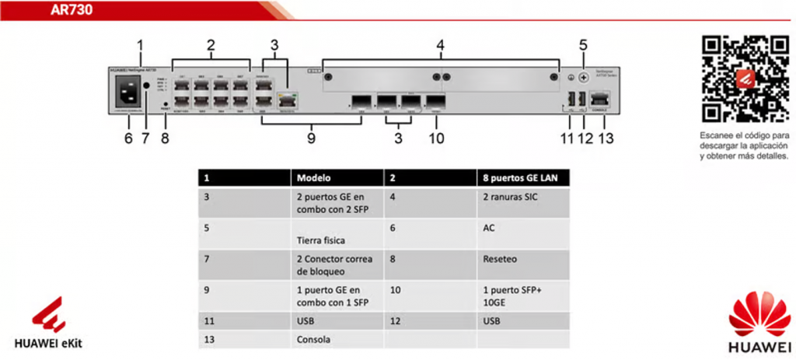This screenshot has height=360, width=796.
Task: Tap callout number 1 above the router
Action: click(x=141, y=46)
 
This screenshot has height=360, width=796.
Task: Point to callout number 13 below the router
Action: click(x=606, y=139)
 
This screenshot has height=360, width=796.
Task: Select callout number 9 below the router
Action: click(x=310, y=139)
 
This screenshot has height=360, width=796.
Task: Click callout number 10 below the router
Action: click(x=436, y=139)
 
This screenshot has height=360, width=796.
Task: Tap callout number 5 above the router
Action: click(x=583, y=46)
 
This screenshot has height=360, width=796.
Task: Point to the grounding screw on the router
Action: click(x=583, y=77)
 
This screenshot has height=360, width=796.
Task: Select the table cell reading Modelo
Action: click(x=314, y=178)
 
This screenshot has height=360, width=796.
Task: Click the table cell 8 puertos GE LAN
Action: click(x=512, y=178)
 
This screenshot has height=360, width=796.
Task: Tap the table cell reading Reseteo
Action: click(x=500, y=259)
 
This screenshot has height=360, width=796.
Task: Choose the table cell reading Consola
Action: click(x=313, y=340)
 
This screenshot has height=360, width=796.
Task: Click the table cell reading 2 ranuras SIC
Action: click(x=509, y=197)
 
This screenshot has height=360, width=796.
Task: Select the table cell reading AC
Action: click(x=488, y=228)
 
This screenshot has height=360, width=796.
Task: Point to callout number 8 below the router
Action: click(x=164, y=139)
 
